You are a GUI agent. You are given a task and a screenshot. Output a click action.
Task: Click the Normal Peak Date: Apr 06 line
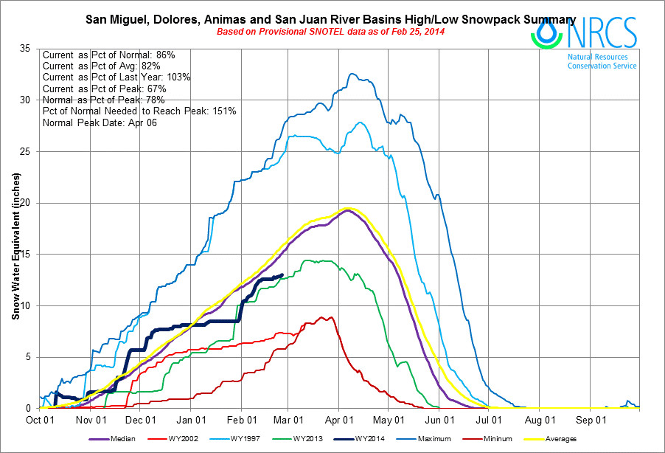[100, 122]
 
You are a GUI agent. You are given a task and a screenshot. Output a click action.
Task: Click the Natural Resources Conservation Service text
[602, 60]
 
